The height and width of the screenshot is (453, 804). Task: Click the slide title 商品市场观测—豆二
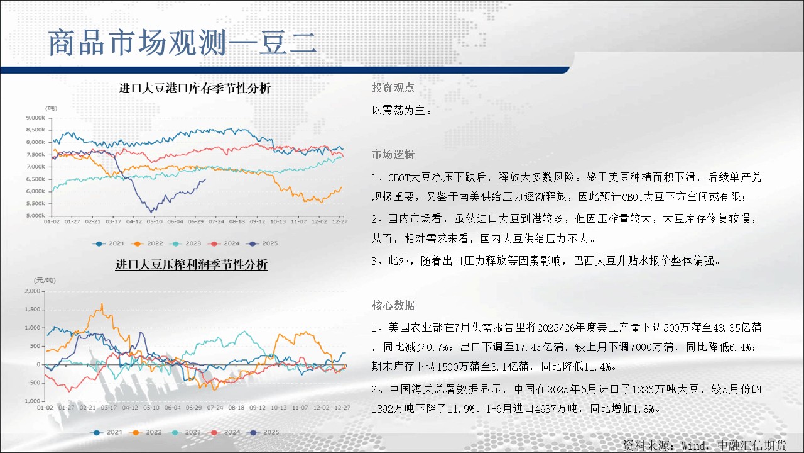tap(182, 43)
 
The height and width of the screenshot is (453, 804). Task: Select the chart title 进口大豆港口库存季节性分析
tap(195, 88)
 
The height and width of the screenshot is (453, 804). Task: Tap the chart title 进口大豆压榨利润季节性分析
tap(192, 264)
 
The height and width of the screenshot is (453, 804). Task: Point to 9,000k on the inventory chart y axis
tap(35, 118)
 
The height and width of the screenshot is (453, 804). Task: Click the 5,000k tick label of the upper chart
tap(35, 216)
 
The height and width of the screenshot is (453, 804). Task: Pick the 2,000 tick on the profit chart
tap(32, 291)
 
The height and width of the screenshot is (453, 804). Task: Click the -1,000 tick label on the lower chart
tap(31, 401)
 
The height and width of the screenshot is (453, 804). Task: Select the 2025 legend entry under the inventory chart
tap(262, 243)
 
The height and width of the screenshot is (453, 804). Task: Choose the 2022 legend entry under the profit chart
tap(147, 432)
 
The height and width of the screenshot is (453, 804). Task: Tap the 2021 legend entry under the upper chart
tap(109, 243)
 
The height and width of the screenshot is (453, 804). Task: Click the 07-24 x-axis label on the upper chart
tap(216, 221)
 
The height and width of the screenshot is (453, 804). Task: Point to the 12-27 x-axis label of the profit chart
tap(342, 408)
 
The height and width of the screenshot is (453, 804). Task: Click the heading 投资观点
tap(393, 87)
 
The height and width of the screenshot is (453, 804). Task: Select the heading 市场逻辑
tap(393, 154)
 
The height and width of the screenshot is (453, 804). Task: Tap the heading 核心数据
tap(393, 305)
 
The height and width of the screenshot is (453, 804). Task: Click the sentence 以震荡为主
tap(401, 110)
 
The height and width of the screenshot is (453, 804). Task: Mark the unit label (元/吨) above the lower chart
tap(45, 281)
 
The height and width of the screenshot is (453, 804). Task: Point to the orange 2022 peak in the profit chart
tap(102, 304)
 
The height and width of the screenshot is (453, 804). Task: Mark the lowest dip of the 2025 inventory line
tap(151, 211)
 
